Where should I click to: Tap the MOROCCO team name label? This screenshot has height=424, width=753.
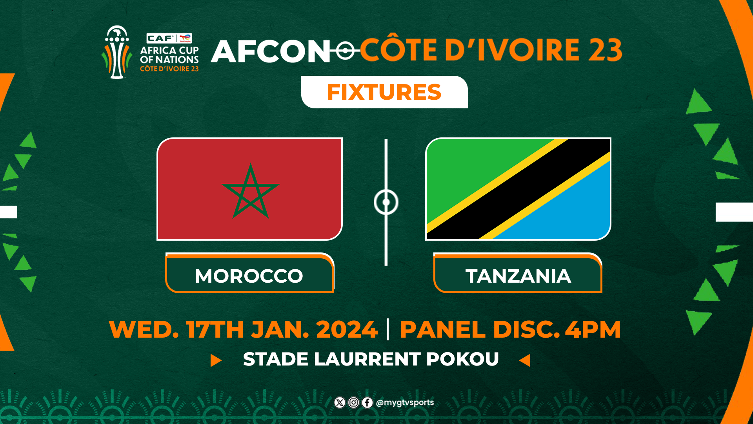pos(249,276)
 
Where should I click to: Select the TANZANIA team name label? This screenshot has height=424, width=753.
pos(518,276)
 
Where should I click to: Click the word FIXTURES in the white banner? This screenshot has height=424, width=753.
pos(384,92)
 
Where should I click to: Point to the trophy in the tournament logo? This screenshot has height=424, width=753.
pos(116,53)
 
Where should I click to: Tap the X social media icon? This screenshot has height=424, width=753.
pos(340,402)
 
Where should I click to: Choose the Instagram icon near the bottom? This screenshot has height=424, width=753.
pos(353,402)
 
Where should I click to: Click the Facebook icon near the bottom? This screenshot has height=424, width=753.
pos(367,402)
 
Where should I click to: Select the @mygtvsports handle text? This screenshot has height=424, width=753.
pos(405,402)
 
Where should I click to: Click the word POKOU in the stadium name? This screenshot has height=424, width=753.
pos(462,359)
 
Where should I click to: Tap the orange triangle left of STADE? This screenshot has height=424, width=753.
pos(216,360)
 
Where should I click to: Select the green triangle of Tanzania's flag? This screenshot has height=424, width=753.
pos(467,169)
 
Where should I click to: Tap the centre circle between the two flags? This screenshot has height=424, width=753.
pos(386,202)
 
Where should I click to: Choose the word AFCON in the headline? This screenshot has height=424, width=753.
pos(271,51)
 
